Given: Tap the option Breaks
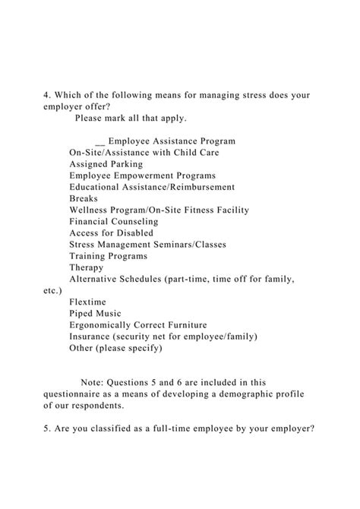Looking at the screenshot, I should point(84,198).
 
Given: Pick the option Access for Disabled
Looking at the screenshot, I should point(111,233).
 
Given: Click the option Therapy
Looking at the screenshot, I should point(87,267).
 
